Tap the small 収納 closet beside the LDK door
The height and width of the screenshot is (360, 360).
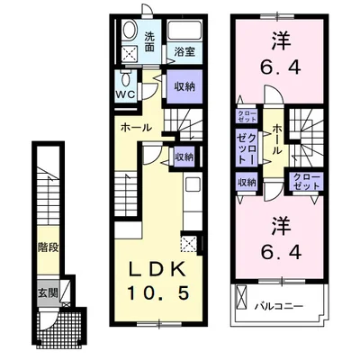coord(184,156)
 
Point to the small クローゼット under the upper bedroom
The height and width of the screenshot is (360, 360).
coord(246,115)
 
